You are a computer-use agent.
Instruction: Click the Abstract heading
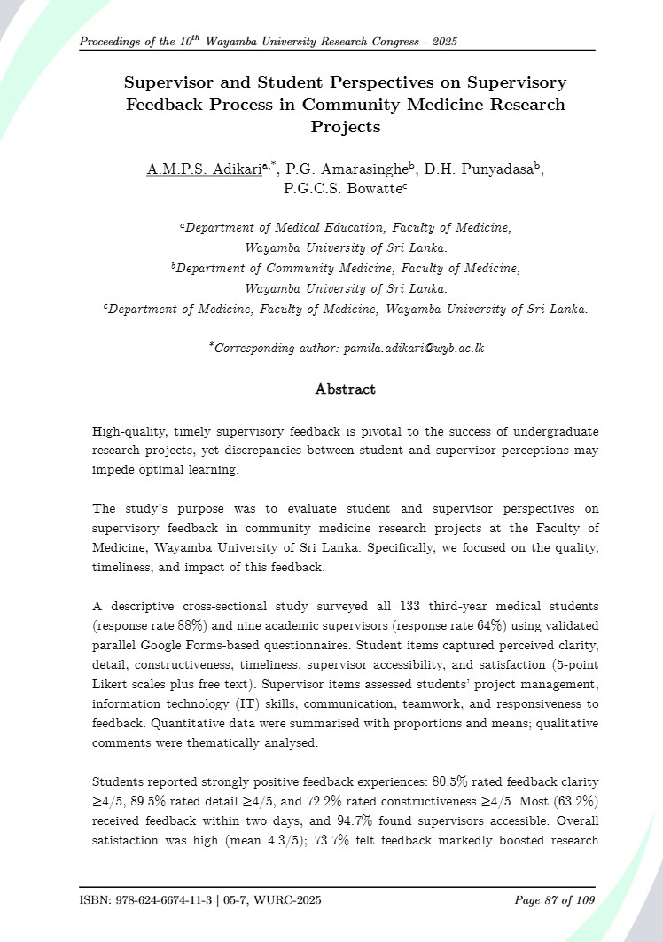(x=345, y=389)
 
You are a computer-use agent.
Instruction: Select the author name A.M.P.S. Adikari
(x=204, y=169)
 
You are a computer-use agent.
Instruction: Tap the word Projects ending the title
(x=345, y=127)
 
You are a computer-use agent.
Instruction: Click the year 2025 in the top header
(x=442, y=43)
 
